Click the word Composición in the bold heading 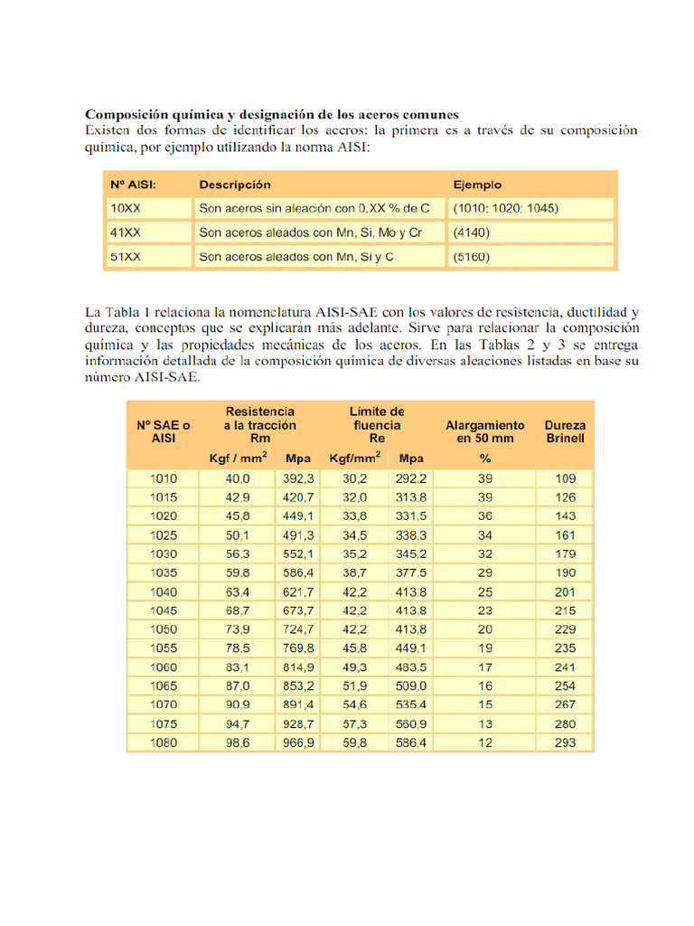(127, 115)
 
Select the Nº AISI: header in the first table (133, 184)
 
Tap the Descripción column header (235, 184)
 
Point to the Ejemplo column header (477, 184)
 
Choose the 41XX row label (126, 232)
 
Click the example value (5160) (471, 257)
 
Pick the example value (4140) (471, 232)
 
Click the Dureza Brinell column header (565, 431)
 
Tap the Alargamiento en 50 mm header (484, 431)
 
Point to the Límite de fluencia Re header (377, 425)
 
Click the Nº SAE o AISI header (164, 431)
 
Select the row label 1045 (164, 611)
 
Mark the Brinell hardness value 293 (565, 743)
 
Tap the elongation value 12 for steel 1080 (484, 743)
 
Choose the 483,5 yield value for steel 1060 (411, 668)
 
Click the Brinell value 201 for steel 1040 (565, 592)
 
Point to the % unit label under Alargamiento (484, 458)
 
